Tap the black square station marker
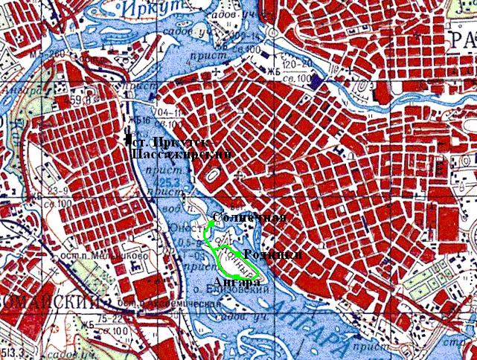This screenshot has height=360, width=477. click(128, 139)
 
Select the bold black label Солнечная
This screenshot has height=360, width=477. click(249, 218)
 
